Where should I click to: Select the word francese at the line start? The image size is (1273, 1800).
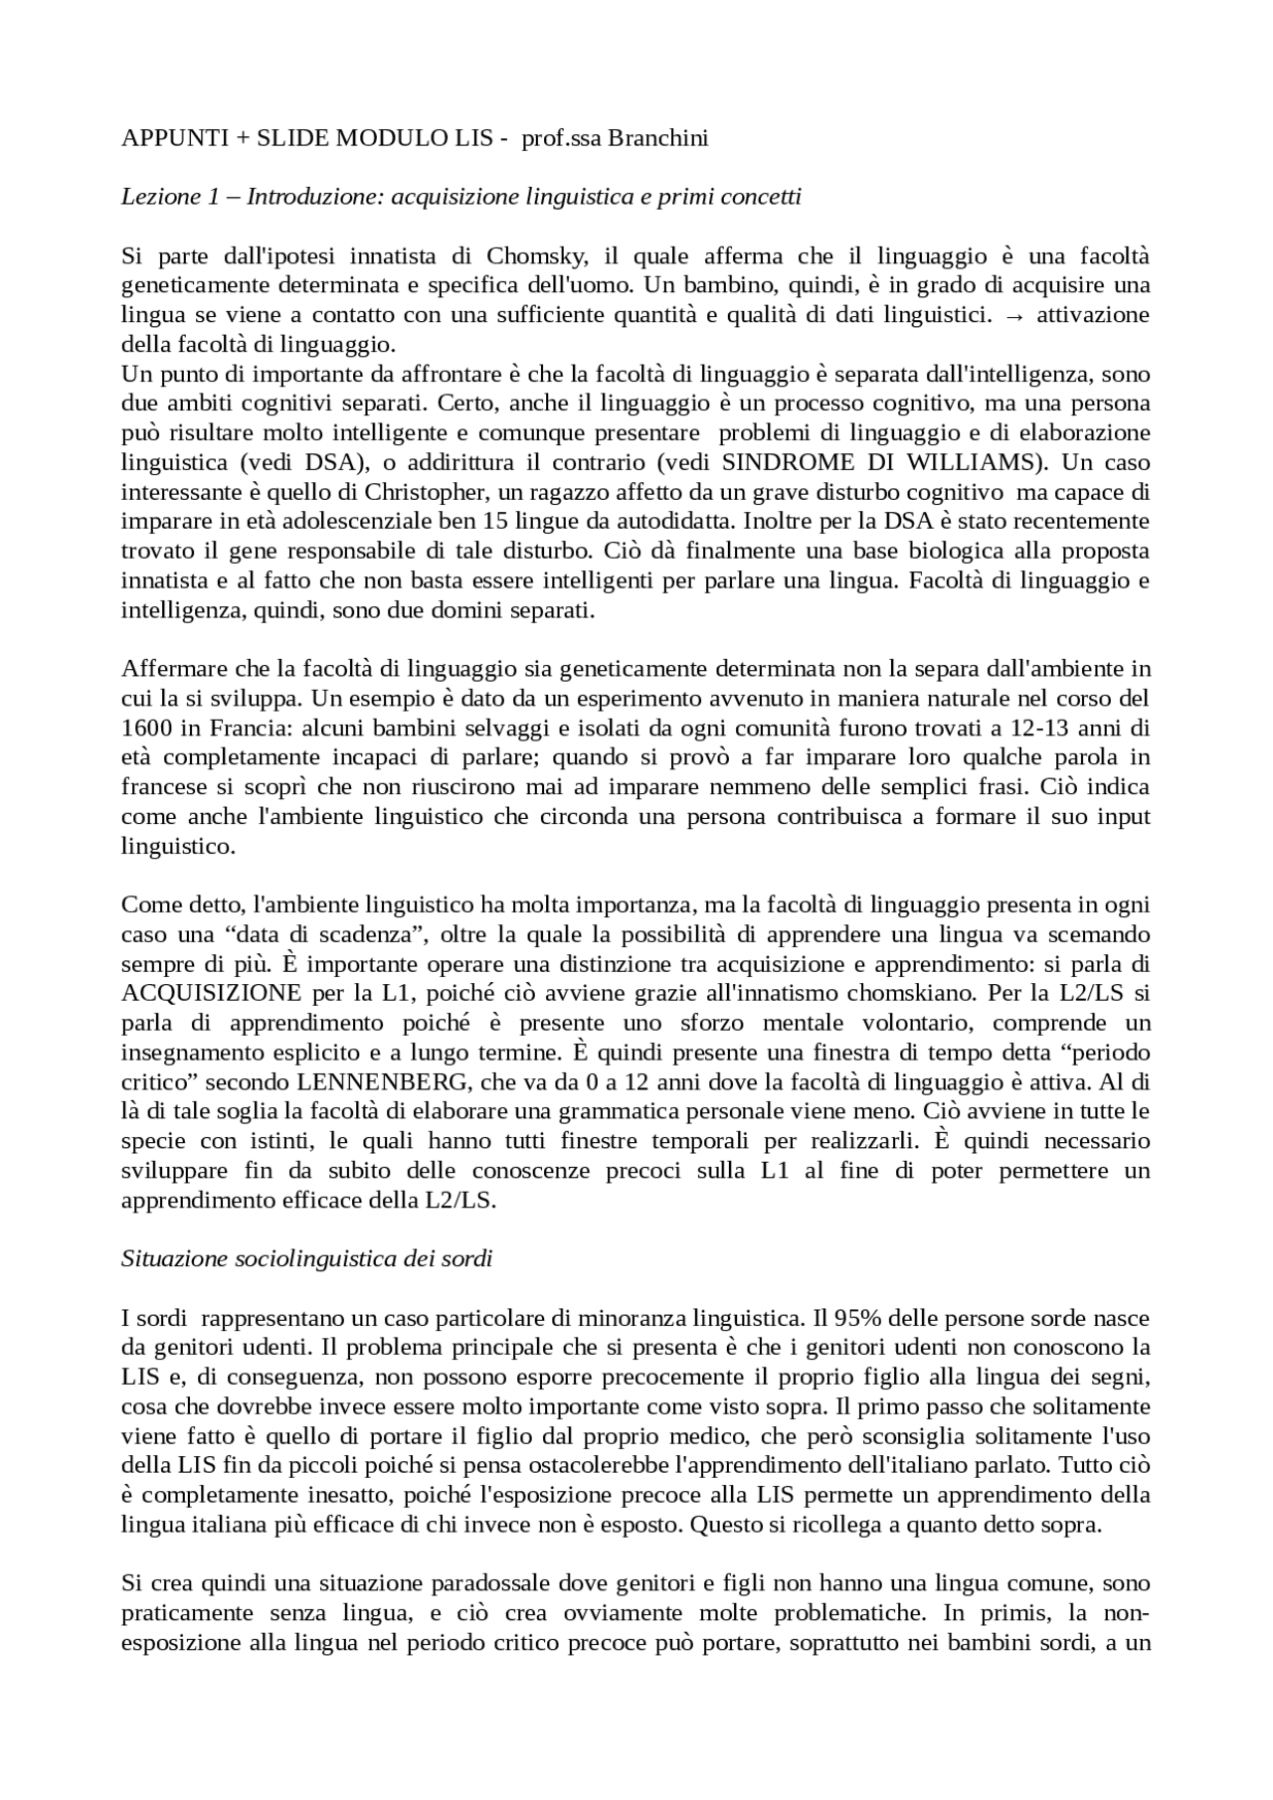pyautogui.click(x=161, y=787)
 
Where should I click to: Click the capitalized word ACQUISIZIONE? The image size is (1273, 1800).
pyautogui.click(x=211, y=993)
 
